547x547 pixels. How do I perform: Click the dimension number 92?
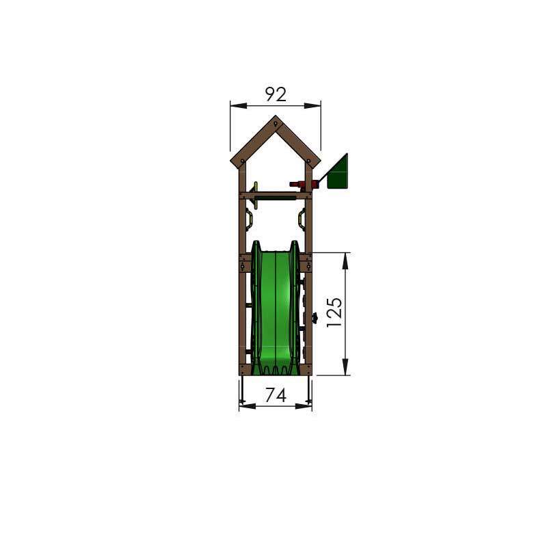coord(276,94)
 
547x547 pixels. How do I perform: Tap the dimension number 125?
coord(334,312)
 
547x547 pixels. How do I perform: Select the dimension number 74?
coord(276,395)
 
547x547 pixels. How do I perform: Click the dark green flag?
coord(337,173)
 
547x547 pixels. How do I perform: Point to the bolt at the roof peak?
coord(276,124)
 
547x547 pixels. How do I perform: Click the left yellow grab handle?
coord(248,219)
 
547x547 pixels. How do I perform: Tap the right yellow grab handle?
coord(302,219)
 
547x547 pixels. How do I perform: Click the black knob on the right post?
coord(315,318)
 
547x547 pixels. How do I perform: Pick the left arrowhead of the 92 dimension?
coord(239,105)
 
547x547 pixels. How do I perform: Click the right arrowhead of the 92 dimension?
coord(312,105)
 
